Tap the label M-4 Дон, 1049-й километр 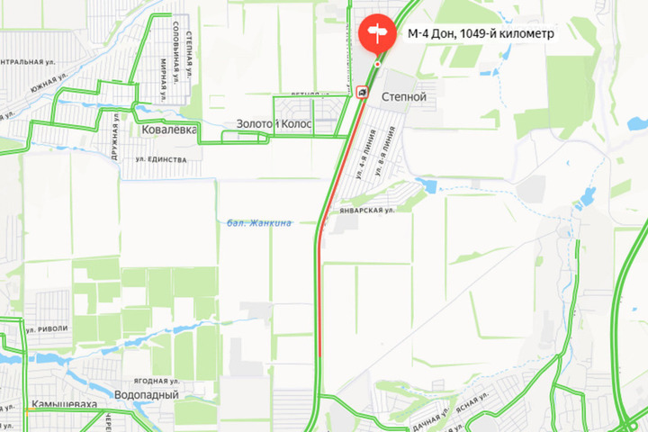tap(480, 34)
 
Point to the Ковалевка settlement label tap(168, 130)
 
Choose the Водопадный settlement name tap(147, 394)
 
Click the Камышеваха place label tap(63, 405)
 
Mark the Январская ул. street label tap(367, 209)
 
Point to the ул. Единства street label tap(161, 159)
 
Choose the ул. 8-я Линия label tap(385, 148)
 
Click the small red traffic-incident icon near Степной tap(361, 91)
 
